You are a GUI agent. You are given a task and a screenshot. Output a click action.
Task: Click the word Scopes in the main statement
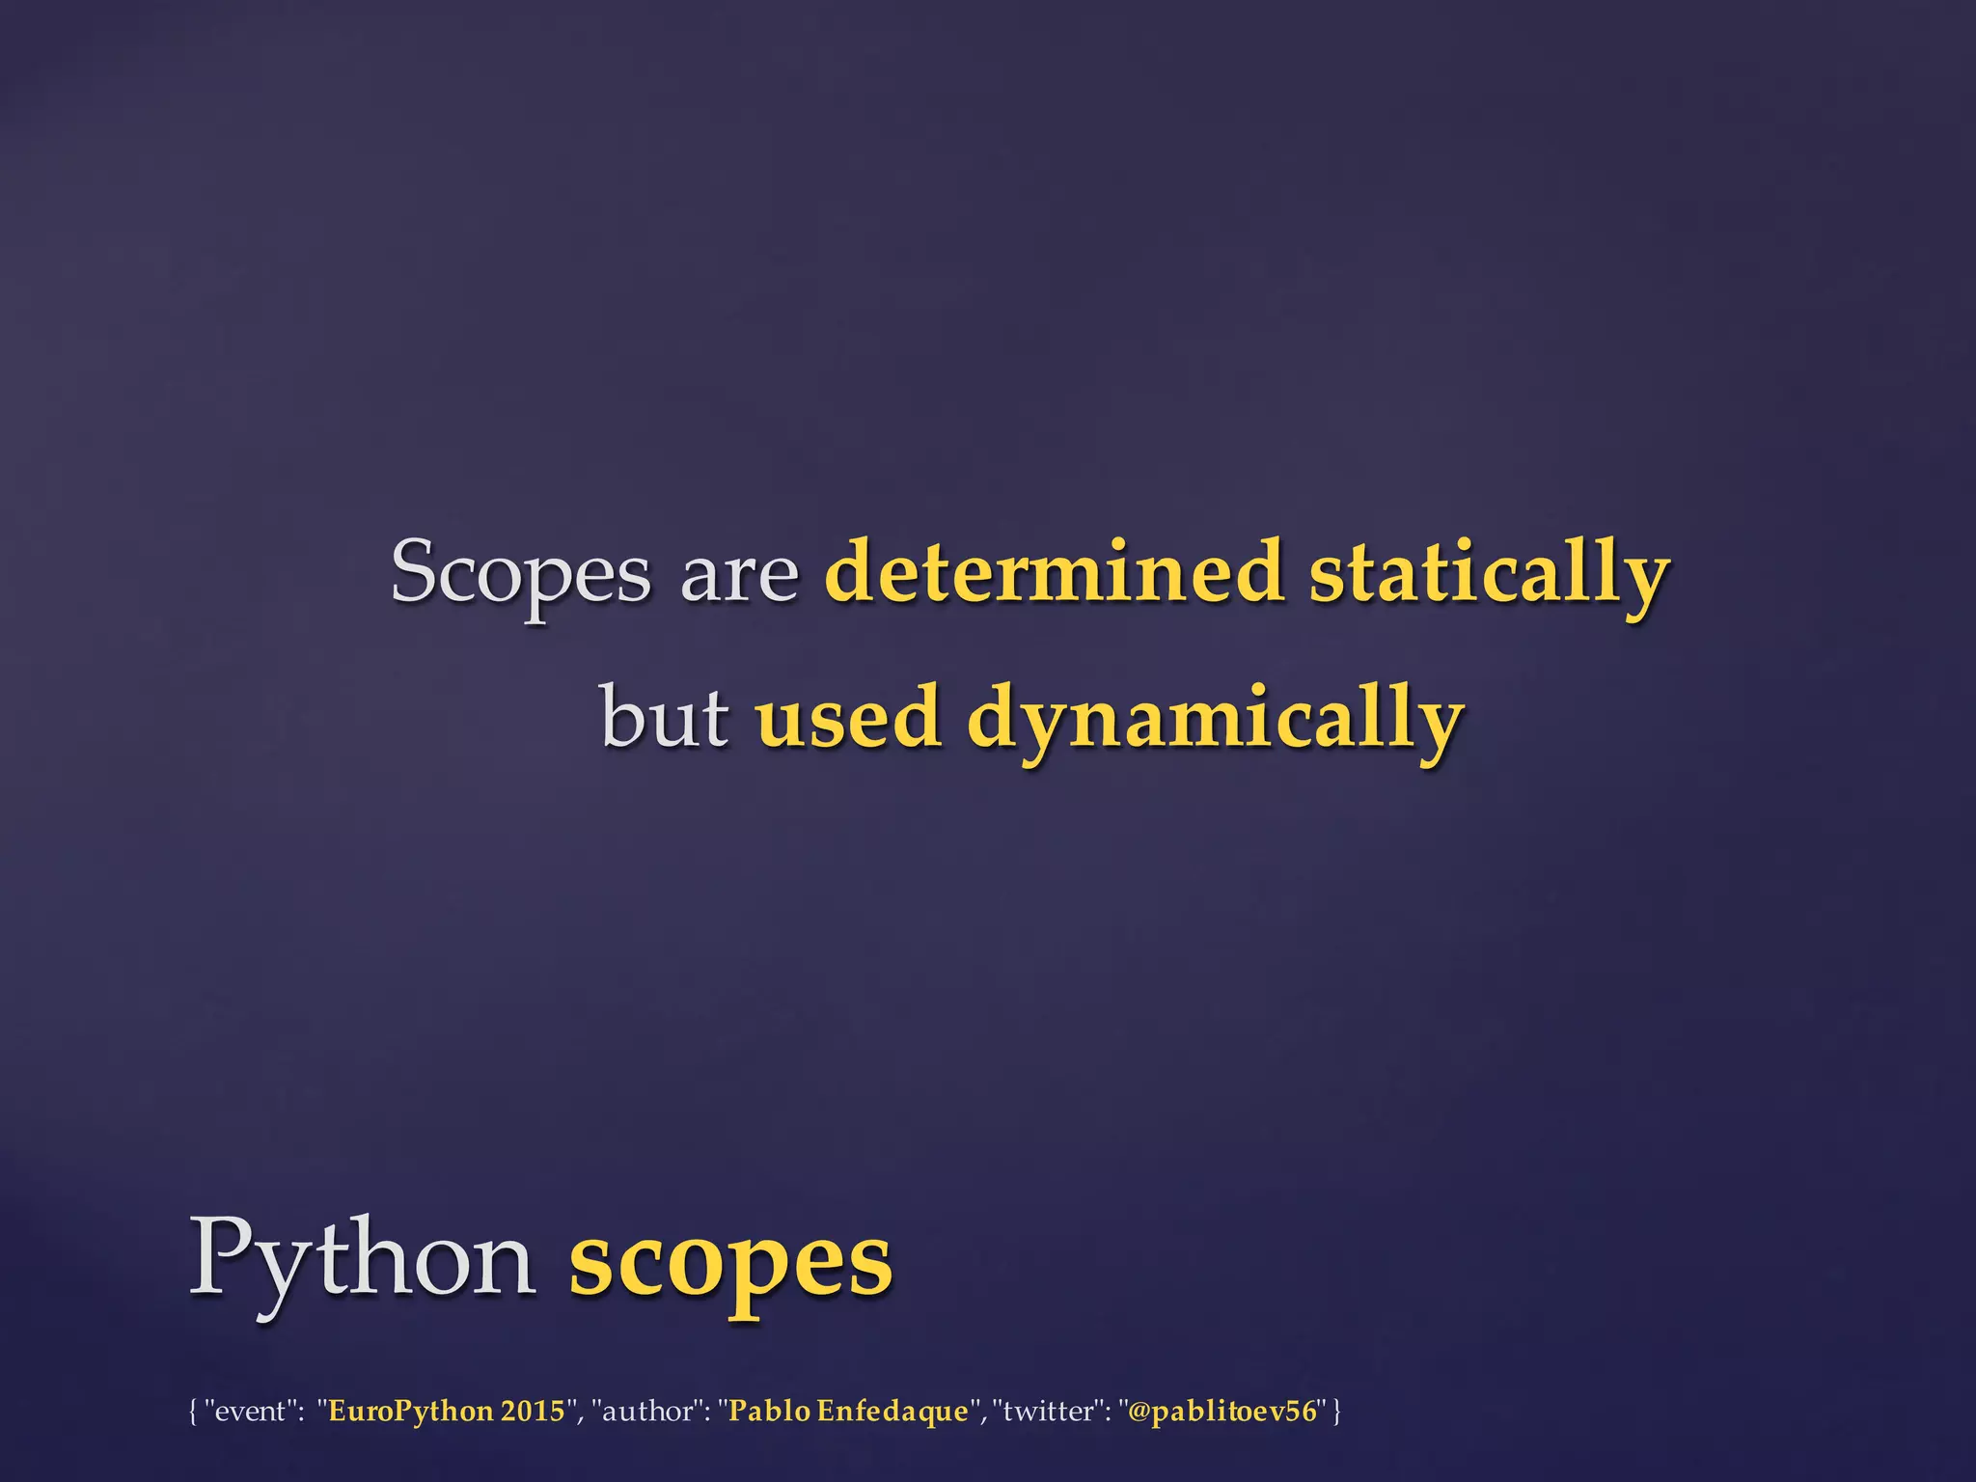[x=520, y=574]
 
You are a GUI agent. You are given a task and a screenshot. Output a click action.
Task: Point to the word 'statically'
[x=1489, y=574]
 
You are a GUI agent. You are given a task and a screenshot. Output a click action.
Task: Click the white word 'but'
[x=665, y=718]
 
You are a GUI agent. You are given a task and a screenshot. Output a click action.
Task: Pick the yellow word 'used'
[x=848, y=718]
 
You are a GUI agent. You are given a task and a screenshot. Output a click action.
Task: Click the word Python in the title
[x=362, y=1260]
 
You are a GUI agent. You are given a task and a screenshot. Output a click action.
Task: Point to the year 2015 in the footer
[x=533, y=1412]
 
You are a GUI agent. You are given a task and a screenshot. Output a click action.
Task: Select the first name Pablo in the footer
[x=768, y=1412]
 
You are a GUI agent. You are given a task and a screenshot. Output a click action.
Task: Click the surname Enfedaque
[x=892, y=1412]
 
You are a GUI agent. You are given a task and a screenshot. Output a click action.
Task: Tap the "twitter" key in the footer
[x=1053, y=1412]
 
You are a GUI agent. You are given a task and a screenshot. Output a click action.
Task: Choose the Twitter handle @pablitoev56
[x=1221, y=1412]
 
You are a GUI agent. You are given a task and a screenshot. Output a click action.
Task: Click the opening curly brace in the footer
[x=193, y=1412]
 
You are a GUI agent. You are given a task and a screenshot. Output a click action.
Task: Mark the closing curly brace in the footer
[x=1336, y=1412]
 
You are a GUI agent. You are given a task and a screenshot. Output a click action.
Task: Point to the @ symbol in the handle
[x=1139, y=1412]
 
